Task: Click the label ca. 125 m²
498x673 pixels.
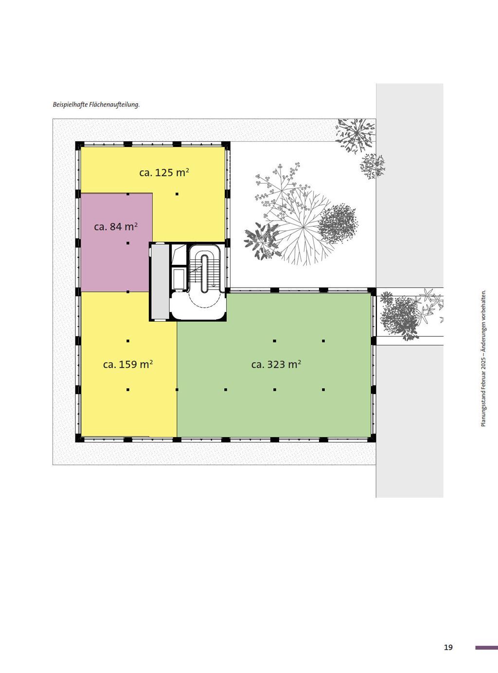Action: click(x=164, y=173)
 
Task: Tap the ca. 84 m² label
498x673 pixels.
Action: click(x=116, y=227)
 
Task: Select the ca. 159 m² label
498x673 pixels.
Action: click(x=128, y=364)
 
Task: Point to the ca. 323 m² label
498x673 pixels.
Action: click(x=276, y=364)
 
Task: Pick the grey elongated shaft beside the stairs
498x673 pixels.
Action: click(x=160, y=281)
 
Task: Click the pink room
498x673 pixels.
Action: click(x=116, y=242)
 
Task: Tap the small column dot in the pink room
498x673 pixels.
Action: click(x=128, y=243)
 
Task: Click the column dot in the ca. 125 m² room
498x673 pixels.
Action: click(x=177, y=194)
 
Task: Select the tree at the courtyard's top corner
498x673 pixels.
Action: click(x=356, y=135)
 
